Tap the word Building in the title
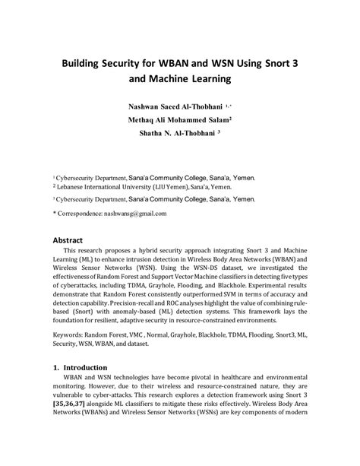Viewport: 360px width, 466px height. pos(86,60)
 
